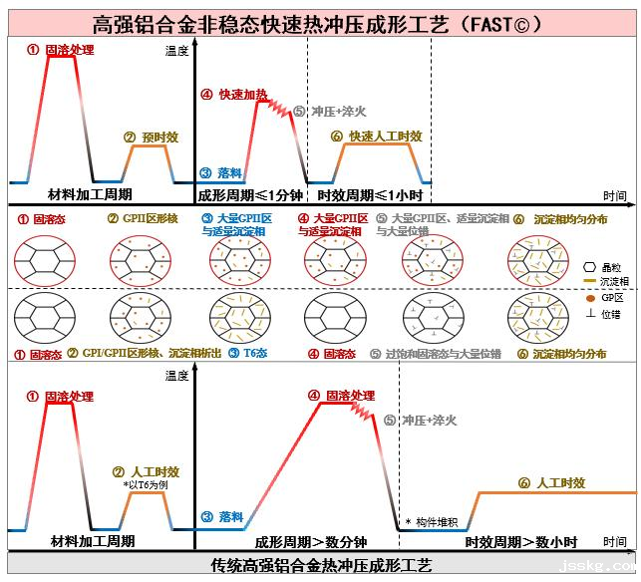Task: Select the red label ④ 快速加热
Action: (234, 95)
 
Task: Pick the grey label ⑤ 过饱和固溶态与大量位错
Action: (432, 353)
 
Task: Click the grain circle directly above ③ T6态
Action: (236, 314)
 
